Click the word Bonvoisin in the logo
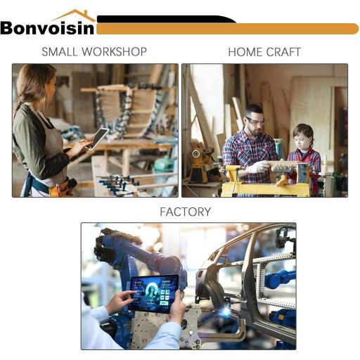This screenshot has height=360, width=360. (48, 28)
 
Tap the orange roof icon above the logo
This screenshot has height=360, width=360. (74, 15)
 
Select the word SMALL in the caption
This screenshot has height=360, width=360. (59, 52)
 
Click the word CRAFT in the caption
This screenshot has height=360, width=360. (283, 52)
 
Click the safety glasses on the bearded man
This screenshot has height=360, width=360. (255, 122)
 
